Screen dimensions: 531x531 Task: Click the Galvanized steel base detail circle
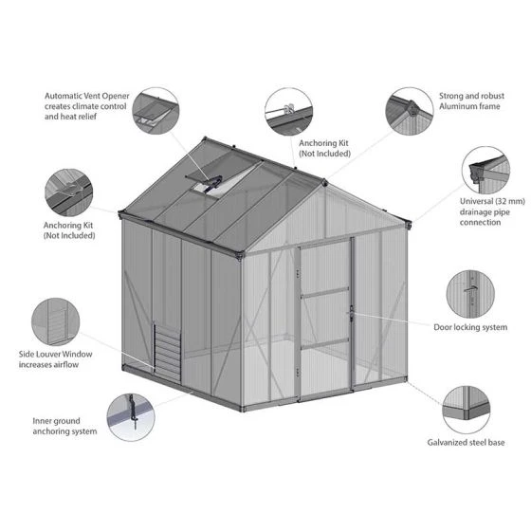click(x=465, y=408)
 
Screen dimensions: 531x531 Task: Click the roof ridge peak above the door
click(x=324, y=180)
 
